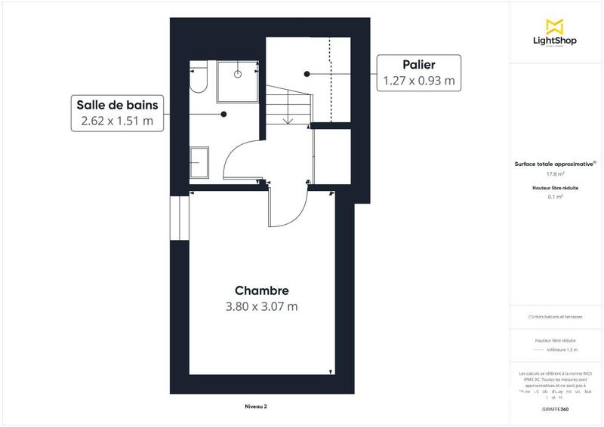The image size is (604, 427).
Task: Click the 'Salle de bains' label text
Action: (x=116, y=104)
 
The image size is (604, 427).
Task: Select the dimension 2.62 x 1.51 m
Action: (x=116, y=120)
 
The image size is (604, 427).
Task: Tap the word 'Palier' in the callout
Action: (x=418, y=65)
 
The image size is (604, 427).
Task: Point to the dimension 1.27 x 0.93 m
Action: (x=418, y=81)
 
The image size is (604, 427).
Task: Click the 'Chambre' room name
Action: (x=262, y=290)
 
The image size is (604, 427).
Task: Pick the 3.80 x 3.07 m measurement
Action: (x=262, y=306)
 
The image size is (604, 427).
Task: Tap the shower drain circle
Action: (x=238, y=74)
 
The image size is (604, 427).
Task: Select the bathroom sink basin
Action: (x=199, y=161)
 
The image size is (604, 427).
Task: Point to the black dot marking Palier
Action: (x=307, y=73)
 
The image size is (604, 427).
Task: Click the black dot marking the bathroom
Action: (x=223, y=115)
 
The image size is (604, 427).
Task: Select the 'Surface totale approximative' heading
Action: (x=554, y=163)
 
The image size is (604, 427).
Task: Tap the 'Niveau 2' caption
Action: (x=256, y=406)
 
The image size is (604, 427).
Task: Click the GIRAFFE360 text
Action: (x=555, y=408)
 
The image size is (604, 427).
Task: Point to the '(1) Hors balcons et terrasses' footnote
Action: (x=555, y=317)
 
